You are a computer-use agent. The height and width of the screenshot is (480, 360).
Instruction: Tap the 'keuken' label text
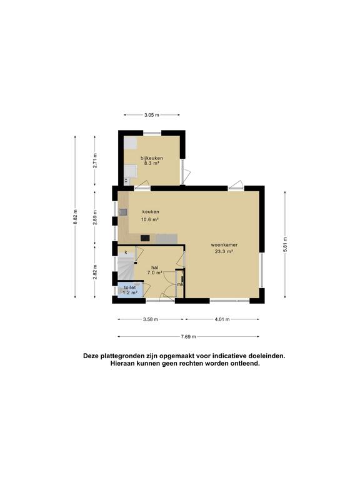pyautogui.click(x=150, y=211)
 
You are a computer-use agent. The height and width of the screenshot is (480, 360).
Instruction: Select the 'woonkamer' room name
pyautogui.click(x=223, y=244)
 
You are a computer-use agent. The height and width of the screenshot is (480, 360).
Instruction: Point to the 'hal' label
pyautogui.click(x=154, y=266)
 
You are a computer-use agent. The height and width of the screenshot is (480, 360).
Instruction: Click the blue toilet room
pyautogui.click(x=129, y=290)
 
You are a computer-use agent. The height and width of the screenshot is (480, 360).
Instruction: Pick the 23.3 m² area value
pyautogui.click(x=223, y=251)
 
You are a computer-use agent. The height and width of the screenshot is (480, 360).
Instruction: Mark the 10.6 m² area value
pyautogui.click(x=150, y=219)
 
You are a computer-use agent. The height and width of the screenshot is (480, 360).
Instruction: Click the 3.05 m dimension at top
pyautogui.click(x=152, y=115)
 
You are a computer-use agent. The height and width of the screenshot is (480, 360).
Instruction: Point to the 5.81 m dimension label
pyautogui.click(x=284, y=242)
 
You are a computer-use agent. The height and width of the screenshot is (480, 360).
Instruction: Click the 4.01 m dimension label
pyautogui.click(x=222, y=319)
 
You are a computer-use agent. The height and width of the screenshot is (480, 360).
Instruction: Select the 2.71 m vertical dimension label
pyautogui.click(x=95, y=161)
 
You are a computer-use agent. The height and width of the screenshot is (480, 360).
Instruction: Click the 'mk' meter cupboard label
pyautogui.click(x=180, y=284)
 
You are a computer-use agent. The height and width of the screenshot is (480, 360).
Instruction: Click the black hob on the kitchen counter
pyautogui.click(x=145, y=237)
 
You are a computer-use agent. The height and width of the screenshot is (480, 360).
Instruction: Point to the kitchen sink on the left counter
pyautogui.click(x=123, y=212)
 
